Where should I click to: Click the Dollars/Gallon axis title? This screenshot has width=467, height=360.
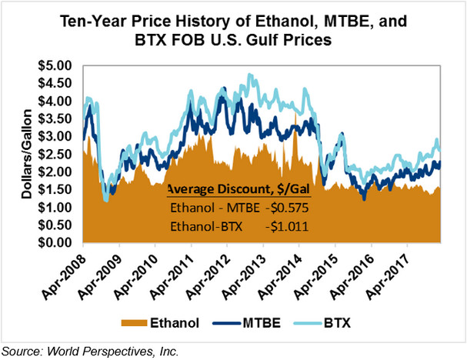point(25,154)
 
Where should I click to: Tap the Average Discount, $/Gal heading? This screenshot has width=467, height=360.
point(239,190)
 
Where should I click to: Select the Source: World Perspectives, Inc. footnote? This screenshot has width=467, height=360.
point(90,351)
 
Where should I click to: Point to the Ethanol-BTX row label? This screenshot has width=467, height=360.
point(204,227)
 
